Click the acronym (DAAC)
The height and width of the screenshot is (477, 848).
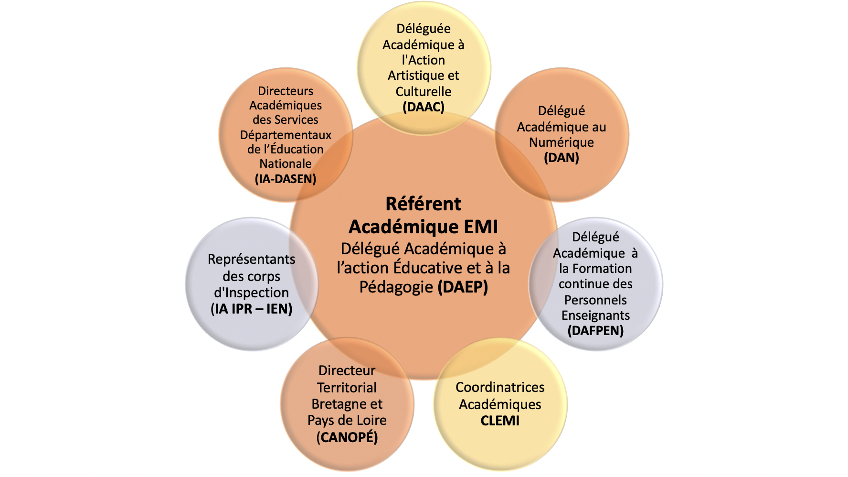[424, 107]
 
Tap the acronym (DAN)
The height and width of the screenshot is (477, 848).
[562, 158]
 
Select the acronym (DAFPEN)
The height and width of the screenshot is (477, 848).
[595, 331]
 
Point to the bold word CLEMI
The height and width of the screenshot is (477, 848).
[500, 421]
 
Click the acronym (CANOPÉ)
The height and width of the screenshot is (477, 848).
[347, 437]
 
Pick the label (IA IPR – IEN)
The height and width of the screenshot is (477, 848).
[252, 309]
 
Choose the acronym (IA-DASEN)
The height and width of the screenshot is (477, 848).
[286, 179]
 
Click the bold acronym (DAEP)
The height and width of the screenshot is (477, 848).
[463, 287]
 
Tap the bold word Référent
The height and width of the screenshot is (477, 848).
[424, 204]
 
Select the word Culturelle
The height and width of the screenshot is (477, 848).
[424, 91]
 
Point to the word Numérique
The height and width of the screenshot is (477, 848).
[562, 142]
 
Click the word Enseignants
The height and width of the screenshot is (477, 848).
[595, 315]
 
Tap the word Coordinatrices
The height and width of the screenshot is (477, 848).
[500, 387]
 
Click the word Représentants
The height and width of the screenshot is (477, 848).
[252, 259]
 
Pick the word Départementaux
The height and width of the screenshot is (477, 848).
[286, 135]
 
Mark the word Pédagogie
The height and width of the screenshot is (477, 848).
[396, 287]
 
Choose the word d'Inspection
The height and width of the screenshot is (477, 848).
[252, 293]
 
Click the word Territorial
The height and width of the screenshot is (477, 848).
[347, 388]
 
